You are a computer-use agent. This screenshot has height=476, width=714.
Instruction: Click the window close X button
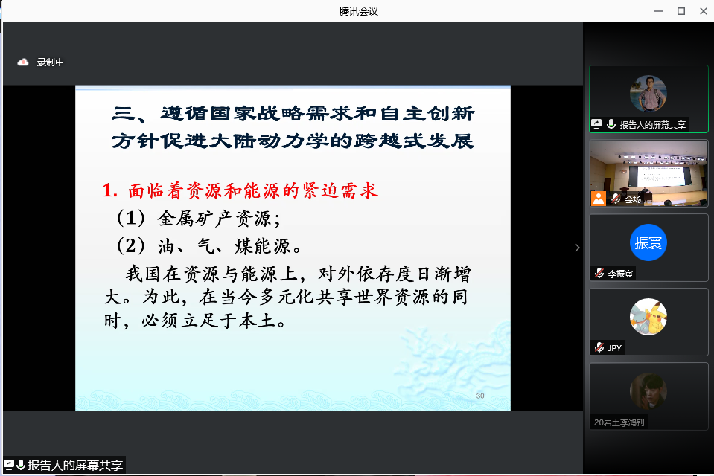pos(703,11)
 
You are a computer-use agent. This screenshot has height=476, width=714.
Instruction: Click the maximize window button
pos(681,11)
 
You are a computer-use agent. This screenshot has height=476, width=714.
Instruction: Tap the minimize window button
pos(659,11)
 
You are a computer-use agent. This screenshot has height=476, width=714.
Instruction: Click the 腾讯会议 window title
pos(358,11)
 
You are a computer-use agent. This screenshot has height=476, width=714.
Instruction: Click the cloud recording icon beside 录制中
pos(23,62)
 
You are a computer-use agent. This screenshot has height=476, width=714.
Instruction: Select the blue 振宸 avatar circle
pos(648,242)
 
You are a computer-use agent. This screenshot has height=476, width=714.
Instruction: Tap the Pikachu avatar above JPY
pos(648,317)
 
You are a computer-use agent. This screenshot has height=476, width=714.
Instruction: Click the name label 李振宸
pos(620,274)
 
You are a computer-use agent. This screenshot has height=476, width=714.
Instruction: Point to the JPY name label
pos(615,348)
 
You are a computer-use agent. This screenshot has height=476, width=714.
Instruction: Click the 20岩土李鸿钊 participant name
pos(619,422)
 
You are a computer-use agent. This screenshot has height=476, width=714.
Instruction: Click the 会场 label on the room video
pos(633,199)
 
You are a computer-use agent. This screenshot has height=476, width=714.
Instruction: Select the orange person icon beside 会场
pos(599,199)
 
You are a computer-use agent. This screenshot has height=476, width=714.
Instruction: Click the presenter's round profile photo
pos(648,93)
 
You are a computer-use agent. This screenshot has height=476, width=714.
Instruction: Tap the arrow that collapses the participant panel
pos(578,248)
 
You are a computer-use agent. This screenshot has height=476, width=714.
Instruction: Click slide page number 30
pos(480,396)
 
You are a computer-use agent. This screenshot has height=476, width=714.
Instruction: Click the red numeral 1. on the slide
pos(110,190)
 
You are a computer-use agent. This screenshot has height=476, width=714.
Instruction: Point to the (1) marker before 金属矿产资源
pos(131,219)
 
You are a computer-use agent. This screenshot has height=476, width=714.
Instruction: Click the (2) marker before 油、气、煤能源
pos(131,245)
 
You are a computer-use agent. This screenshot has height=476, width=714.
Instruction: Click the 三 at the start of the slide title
pos(124,113)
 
